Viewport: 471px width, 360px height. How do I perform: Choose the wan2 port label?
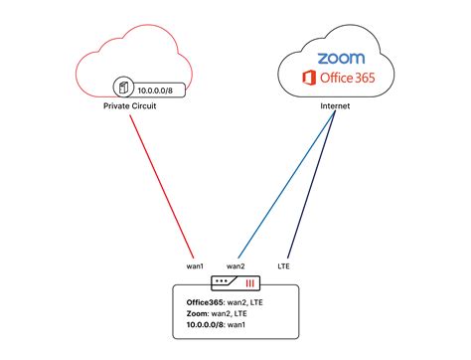pyautogui.click(x=235, y=266)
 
